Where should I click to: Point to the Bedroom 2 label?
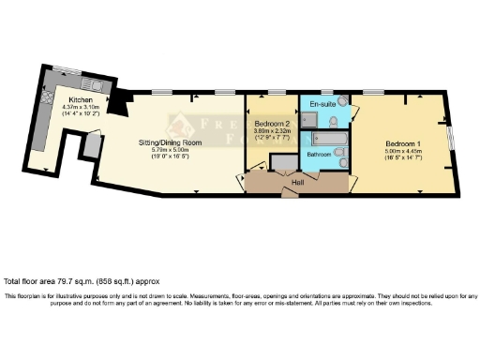pos(272,124)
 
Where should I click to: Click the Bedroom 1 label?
pos(402,143)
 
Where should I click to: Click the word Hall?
pos(298,182)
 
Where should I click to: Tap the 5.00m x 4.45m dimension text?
pos(402,151)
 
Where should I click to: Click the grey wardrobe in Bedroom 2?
pos(279,164)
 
